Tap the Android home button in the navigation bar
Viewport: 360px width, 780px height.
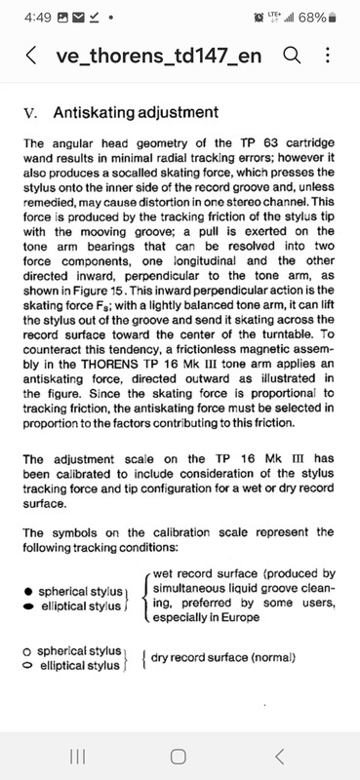point(179,756)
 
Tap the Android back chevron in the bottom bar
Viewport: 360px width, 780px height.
point(280,756)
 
